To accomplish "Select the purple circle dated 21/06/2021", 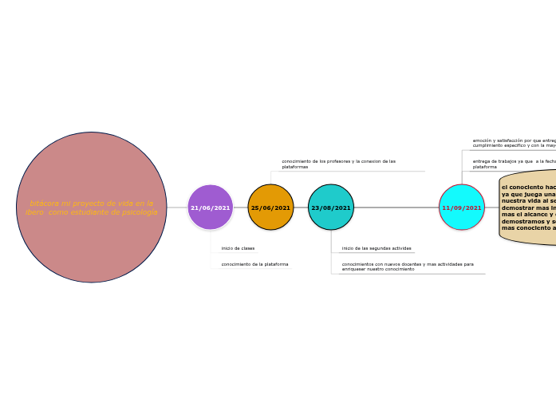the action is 211,207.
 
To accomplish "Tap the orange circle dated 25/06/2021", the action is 270,207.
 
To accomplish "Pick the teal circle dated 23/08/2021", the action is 331,207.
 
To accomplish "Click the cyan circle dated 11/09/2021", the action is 462,207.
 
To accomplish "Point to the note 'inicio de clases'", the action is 238,248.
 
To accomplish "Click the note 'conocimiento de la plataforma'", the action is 254,264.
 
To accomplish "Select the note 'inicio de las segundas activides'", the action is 377,248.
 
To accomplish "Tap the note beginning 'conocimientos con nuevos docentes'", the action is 407,267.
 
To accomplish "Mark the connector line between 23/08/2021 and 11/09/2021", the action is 396,207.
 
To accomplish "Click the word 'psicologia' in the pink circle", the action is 140,212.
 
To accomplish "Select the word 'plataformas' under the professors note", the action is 294,167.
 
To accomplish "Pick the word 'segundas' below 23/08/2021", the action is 379,248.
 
